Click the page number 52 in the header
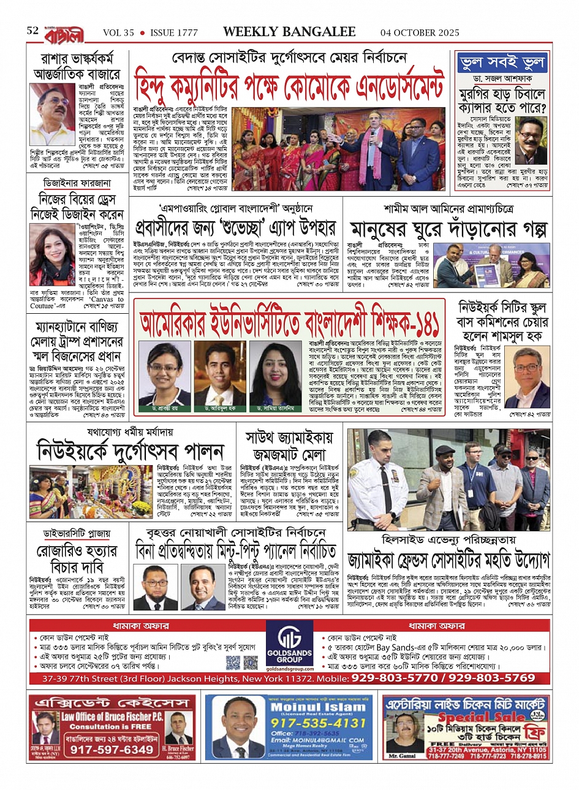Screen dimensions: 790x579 [x=32, y=31]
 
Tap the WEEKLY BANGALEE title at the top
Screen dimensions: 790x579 [x=289, y=32]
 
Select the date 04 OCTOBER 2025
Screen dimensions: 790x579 [x=420, y=32]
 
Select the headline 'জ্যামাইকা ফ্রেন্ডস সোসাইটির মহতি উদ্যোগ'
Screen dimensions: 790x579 [x=448, y=560]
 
